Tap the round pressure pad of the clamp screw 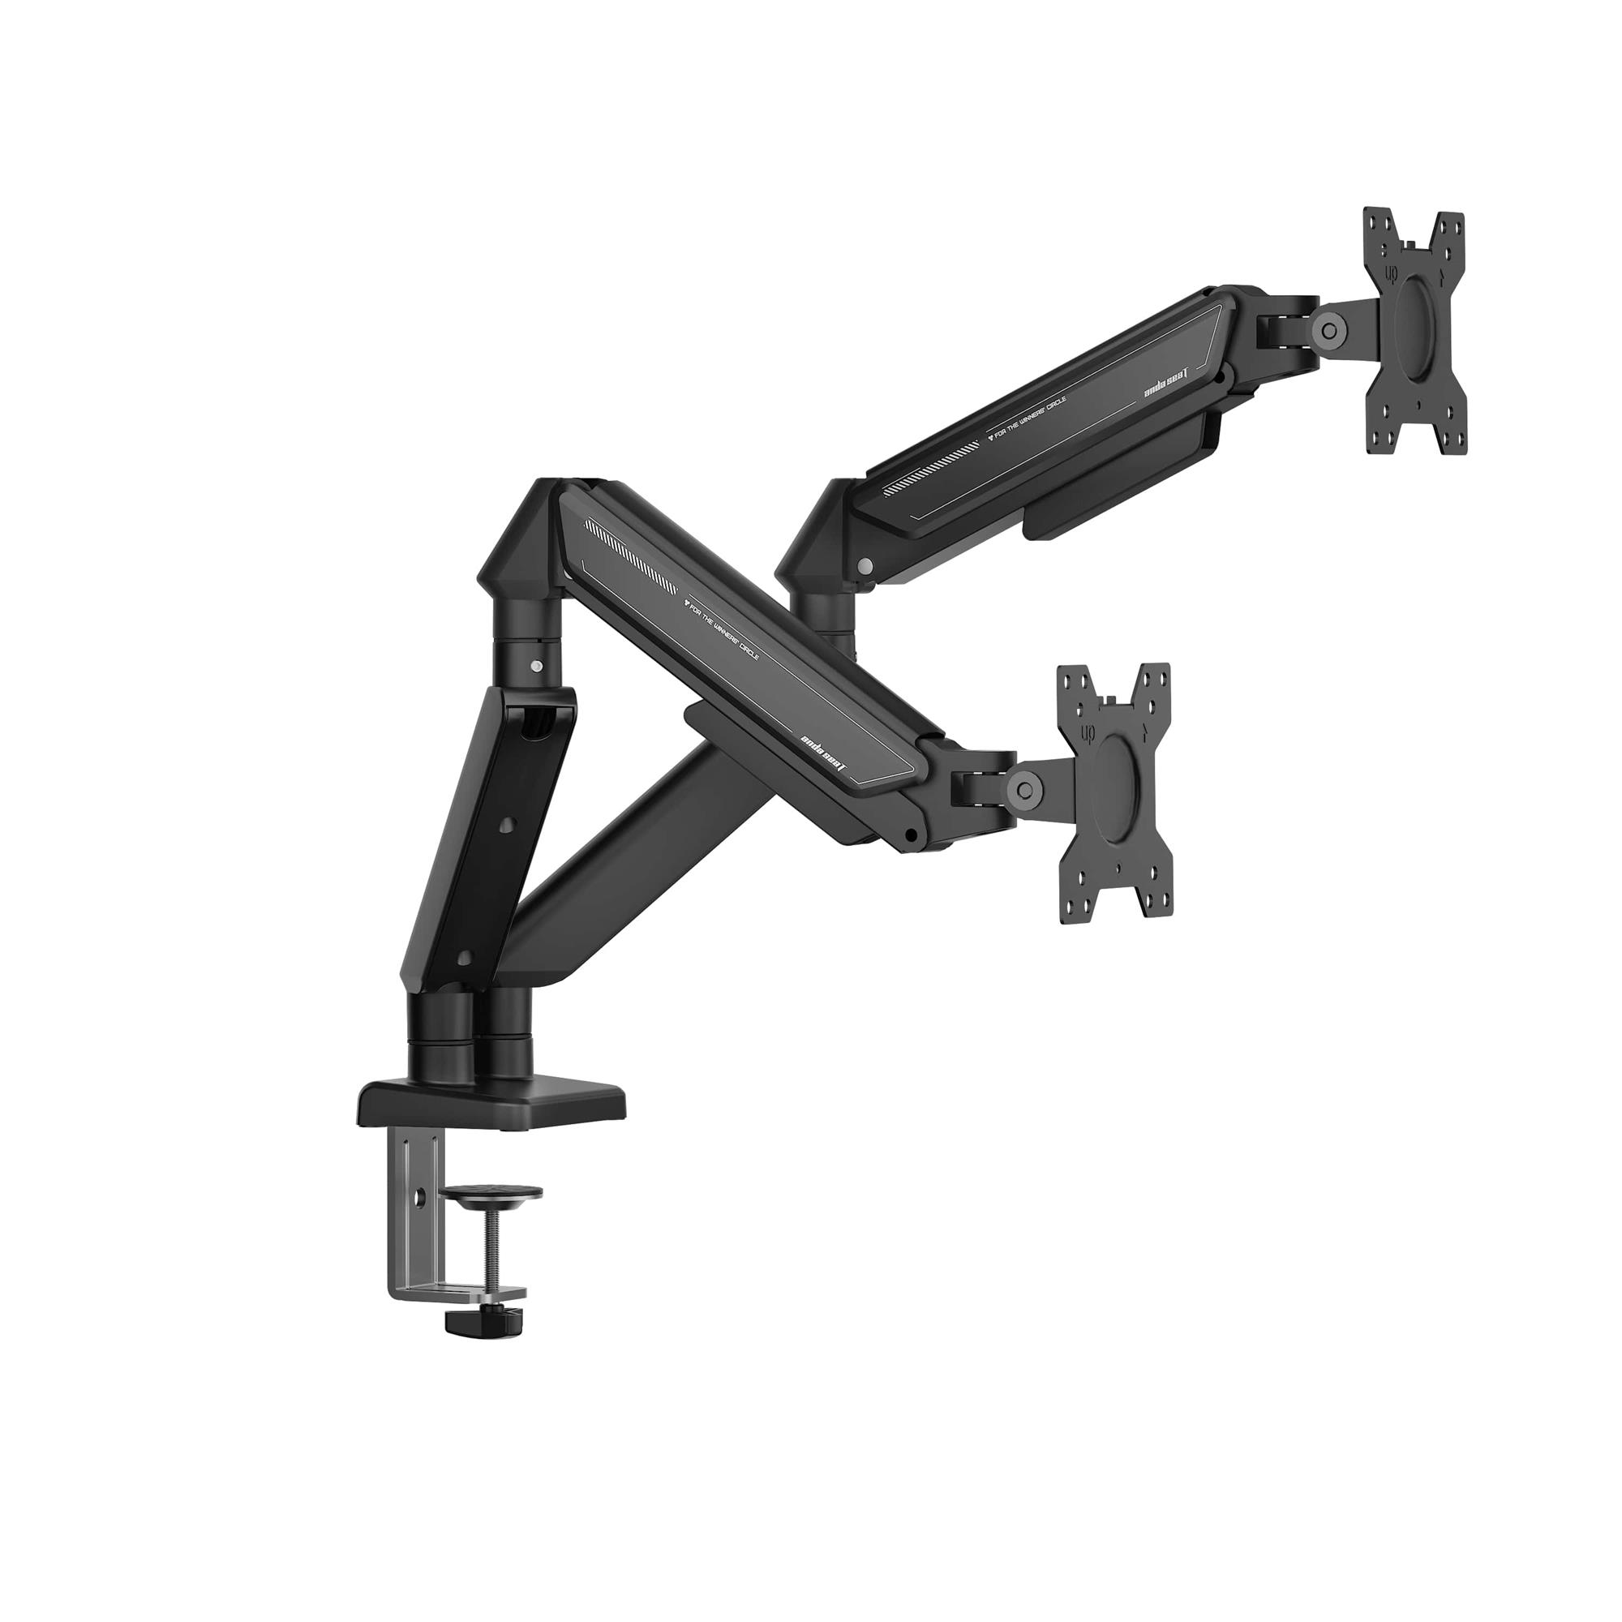493,1192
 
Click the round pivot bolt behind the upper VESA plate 1328,330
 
